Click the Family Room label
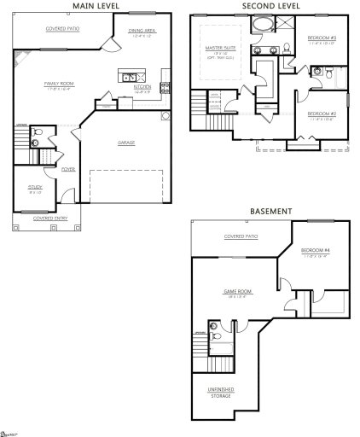pos(59,84)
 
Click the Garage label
pos(126,143)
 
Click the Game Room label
pos(235,292)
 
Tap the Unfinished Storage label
pos(222,392)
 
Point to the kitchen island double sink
pos(131,78)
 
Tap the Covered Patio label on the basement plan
pos(241,236)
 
